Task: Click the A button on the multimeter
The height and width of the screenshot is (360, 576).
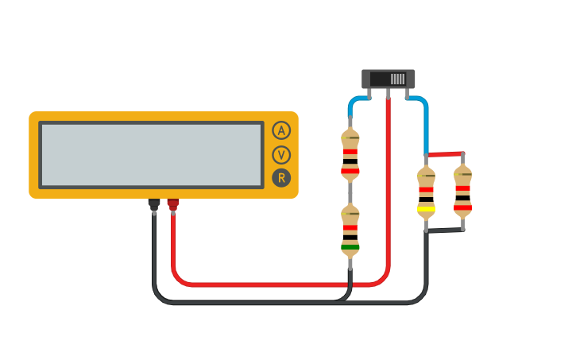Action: coord(281,130)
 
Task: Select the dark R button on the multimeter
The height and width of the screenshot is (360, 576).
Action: coord(281,178)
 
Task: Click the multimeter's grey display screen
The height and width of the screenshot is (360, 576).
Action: coord(151,155)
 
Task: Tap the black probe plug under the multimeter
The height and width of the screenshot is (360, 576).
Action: coord(154,205)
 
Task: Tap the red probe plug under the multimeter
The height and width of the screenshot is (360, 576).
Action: coord(173,205)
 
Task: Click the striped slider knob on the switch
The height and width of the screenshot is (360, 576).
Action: coord(397,79)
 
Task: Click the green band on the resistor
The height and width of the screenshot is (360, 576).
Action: coord(350,247)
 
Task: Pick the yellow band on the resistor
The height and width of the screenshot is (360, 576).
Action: coord(426,209)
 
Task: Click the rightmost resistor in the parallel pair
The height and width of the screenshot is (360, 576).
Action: coord(462,192)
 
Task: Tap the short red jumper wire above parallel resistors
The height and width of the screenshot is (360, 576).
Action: coord(444,153)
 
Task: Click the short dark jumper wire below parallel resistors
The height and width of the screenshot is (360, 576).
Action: coord(444,231)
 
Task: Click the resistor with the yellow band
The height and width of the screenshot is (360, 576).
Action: coord(426,193)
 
